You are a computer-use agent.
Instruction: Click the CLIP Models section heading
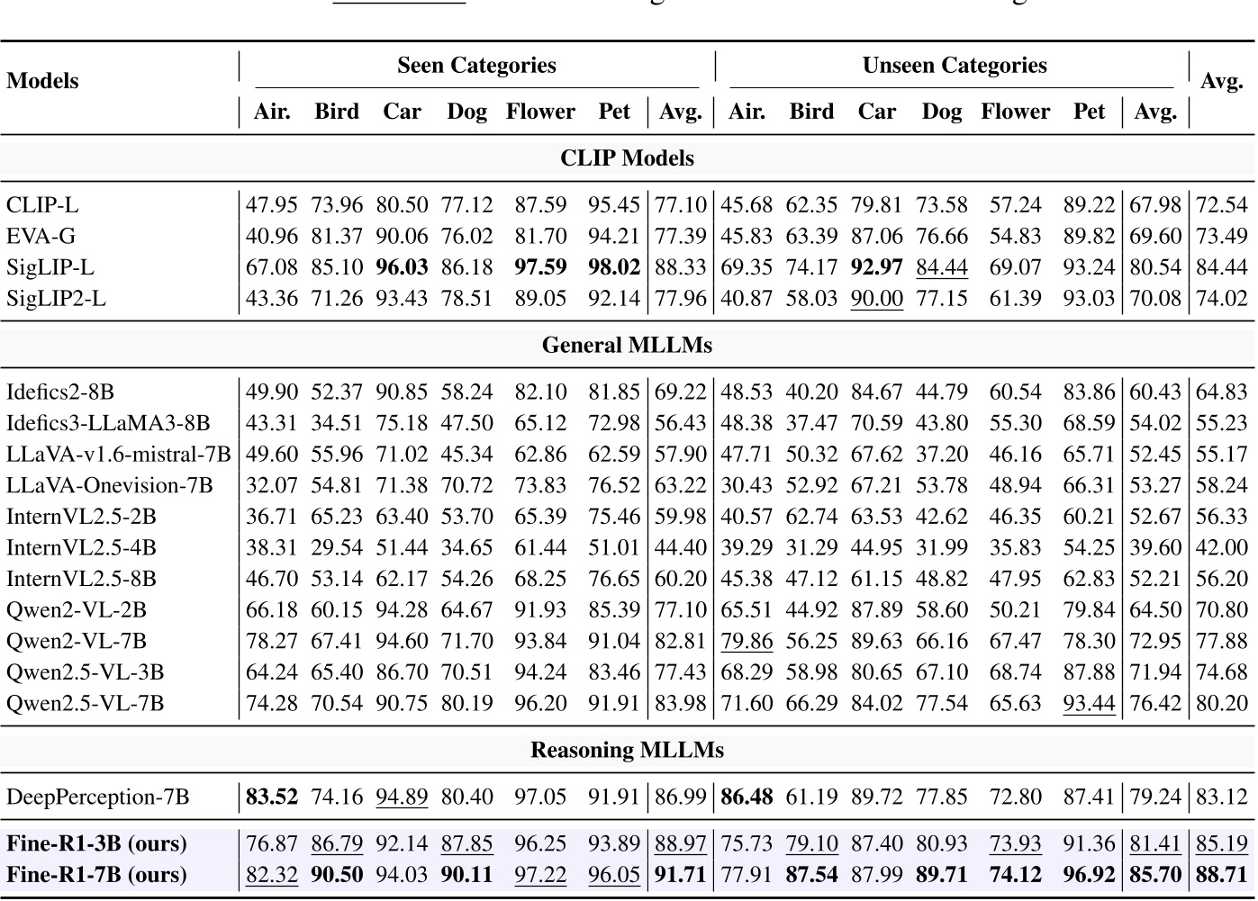[627, 158]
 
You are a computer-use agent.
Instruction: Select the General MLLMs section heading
[627, 346]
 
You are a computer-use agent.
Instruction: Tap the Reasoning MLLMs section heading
[627, 750]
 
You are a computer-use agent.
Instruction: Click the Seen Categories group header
[476, 66]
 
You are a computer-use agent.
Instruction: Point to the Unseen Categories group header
[954, 66]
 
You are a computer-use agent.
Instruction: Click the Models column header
[42, 81]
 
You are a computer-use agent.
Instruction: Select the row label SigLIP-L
[50, 267]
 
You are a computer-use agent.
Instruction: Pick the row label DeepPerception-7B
[98, 797]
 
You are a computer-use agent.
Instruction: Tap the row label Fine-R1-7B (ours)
[96, 874]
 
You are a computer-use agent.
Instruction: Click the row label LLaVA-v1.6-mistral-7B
[118, 455]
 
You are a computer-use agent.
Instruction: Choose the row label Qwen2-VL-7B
[77, 641]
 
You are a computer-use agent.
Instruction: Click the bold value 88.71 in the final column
[1221, 874]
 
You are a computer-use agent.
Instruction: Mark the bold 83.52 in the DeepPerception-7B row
[271, 797]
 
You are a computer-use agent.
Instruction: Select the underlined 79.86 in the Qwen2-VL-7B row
[747, 641]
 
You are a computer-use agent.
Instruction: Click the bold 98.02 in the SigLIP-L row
[613, 267]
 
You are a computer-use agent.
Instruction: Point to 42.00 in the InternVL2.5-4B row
[1221, 547]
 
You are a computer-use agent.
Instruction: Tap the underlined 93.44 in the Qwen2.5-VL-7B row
[1089, 703]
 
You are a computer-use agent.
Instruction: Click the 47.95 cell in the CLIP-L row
[271, 205]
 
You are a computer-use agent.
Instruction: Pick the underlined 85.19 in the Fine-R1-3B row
[1221, 843]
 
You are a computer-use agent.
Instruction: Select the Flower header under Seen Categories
[540, 112]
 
